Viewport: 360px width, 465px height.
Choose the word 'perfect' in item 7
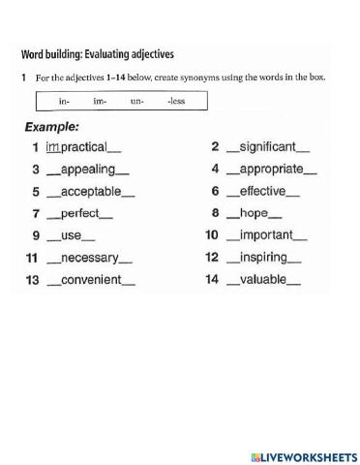(81, 213)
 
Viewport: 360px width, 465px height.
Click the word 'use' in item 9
(72, 235)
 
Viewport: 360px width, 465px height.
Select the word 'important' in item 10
(266, 235)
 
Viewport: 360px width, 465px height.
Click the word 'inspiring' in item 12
(263, 258)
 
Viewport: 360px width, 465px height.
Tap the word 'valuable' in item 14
(262, 280)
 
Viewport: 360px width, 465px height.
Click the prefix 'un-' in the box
(136, 101)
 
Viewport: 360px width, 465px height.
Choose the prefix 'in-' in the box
(64, 101)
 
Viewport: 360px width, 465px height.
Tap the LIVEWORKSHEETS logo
(303, 455)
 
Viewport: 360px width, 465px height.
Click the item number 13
(32, 280)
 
